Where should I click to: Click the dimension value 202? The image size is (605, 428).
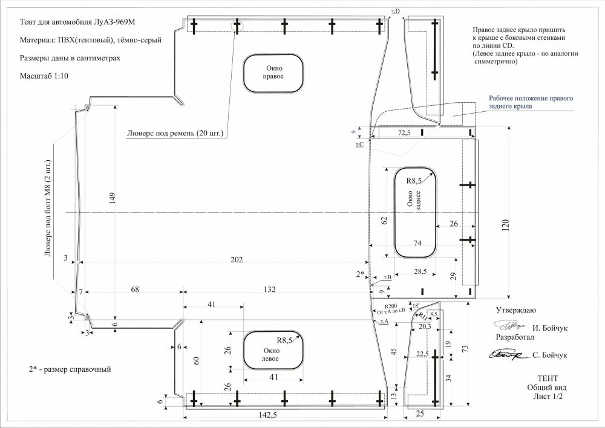[237, 260]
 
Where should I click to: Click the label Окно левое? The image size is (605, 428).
[270, 354]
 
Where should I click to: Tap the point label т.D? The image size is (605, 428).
[396, 11]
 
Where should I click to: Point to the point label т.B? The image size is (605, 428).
[384, 278]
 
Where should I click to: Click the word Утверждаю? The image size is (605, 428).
[515, 309]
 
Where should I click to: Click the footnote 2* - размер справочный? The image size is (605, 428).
[70, 369]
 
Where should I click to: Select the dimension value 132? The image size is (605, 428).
[269, 290]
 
